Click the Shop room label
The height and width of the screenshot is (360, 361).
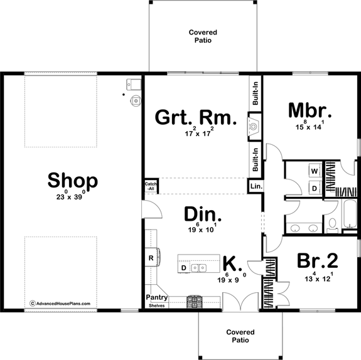(72, 181)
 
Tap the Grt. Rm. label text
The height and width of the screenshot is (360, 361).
(195, 117)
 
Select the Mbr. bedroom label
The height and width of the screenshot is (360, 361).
(310, 110)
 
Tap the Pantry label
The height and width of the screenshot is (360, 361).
(156, 297)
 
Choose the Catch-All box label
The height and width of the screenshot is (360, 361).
(151, 186)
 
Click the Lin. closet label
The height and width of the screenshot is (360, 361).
(256, 187)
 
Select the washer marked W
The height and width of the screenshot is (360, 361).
(315, 171)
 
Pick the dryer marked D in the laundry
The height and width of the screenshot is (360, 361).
(315, 187)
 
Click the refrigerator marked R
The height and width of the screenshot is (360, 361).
(151, 258)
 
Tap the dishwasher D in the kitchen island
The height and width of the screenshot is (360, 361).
(184, 268)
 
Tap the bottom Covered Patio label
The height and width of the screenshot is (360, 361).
(240, 336)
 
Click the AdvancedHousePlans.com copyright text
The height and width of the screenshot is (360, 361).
(60, 304)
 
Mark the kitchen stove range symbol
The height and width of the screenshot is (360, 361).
(195, 300)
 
